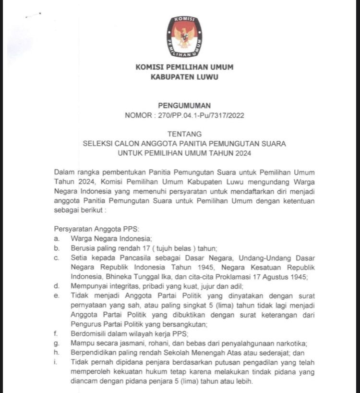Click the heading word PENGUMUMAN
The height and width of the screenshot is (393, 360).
click(x=184, y=106)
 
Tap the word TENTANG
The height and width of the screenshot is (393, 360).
click(x=184, y=134)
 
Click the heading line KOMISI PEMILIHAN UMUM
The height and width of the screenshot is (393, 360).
click(x=184, y=67)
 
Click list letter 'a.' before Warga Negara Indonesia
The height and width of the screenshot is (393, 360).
click(x=57, y=239)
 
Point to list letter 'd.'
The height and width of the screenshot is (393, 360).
click(x=57, y=286)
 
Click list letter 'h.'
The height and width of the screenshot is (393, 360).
click(x=57, y=353)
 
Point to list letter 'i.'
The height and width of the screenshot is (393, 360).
click(x=56, y=362)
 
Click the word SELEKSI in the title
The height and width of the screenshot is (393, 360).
click(x=99, y=144)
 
